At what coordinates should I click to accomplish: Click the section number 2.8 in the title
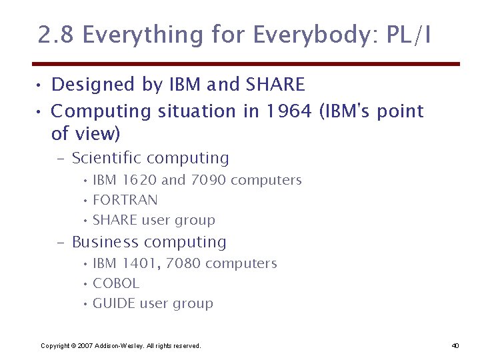point(55,35)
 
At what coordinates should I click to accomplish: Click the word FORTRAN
point(125,200)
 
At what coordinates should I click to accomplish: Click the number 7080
point(183,263)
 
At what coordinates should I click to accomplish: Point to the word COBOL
point(116,283)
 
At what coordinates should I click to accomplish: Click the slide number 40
point(455,345)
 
